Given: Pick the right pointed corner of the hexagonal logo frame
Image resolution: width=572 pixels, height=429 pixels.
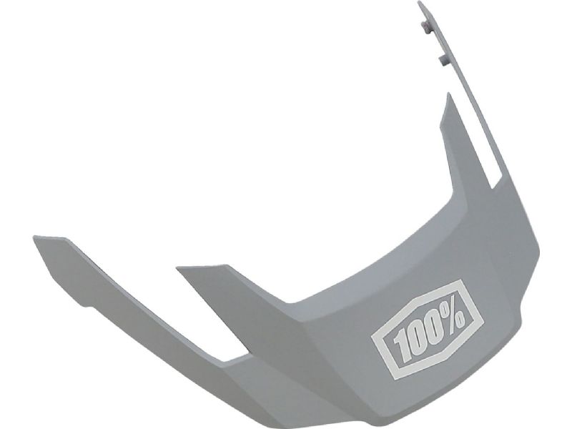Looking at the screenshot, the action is pyautogui.click(x=483, y=323).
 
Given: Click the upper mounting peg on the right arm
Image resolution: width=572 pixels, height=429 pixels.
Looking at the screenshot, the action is pyautogui.click(x=425, y=26).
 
